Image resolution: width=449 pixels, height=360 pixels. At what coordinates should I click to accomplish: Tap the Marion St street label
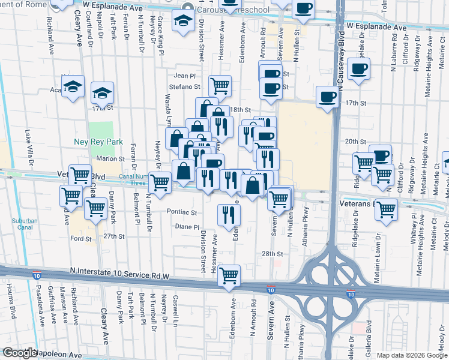pos(110,159)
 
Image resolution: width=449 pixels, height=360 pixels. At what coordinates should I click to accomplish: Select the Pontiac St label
pos(182,212)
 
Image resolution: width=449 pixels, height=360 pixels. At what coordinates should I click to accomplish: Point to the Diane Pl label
pos(186,227)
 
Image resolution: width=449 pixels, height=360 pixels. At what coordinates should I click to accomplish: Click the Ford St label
pos(80,238)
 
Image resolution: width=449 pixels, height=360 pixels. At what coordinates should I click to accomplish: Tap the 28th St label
pos(271,254)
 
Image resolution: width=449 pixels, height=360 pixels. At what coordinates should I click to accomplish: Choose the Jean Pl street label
pos(185,76)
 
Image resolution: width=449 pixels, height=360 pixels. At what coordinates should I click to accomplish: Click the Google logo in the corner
pos(19,353)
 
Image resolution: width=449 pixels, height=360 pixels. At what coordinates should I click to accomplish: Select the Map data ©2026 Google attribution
pos(411,355)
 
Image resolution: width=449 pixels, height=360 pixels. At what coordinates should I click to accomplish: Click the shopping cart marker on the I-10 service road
pos(229,275)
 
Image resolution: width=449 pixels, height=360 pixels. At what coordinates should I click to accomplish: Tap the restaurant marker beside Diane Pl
pos(228,215)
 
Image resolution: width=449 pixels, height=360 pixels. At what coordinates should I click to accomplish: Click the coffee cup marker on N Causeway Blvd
pos(360,70)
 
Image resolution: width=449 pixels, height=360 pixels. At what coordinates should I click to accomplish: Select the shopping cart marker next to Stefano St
pos(220,86)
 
